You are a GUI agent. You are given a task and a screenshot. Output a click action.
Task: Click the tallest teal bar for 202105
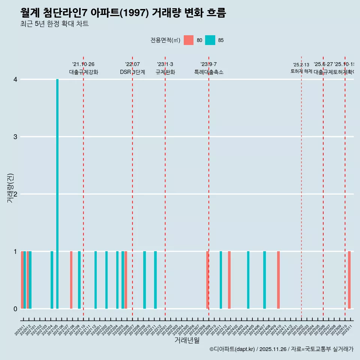tap(57, 194)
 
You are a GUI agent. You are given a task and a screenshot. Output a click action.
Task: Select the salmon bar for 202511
tap(349, 280)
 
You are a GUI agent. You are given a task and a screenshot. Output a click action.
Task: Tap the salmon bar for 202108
tap(71, 280)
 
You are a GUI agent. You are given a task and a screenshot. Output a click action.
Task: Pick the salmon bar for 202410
tap(278, 280)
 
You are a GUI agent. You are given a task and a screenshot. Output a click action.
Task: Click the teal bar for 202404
tap(248, 280)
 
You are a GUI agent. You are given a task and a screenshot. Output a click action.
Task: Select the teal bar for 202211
tap(156, 280)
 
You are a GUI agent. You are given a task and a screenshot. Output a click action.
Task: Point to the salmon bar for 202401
tap(229, 280)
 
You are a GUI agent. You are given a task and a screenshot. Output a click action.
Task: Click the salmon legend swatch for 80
tap(189, 40)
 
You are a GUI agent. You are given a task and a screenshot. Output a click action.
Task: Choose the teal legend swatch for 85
tap(210, 40)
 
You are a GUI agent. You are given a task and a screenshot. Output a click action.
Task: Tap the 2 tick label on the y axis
tap(15, 194)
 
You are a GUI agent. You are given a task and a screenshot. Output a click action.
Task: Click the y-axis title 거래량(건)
tap(10, 188)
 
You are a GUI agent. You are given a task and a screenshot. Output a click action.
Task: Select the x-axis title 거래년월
tap(187, 340)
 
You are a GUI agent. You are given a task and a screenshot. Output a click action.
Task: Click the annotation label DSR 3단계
tap(132, 72)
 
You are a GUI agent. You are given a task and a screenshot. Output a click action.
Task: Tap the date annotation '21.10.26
tap(83, 64)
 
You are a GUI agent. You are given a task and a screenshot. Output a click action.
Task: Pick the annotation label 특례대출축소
tap(208, 72)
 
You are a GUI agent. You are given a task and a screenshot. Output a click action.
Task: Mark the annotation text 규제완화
tap(165, 72)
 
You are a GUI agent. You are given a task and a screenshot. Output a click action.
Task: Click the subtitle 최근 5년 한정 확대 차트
tap(54, 24)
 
